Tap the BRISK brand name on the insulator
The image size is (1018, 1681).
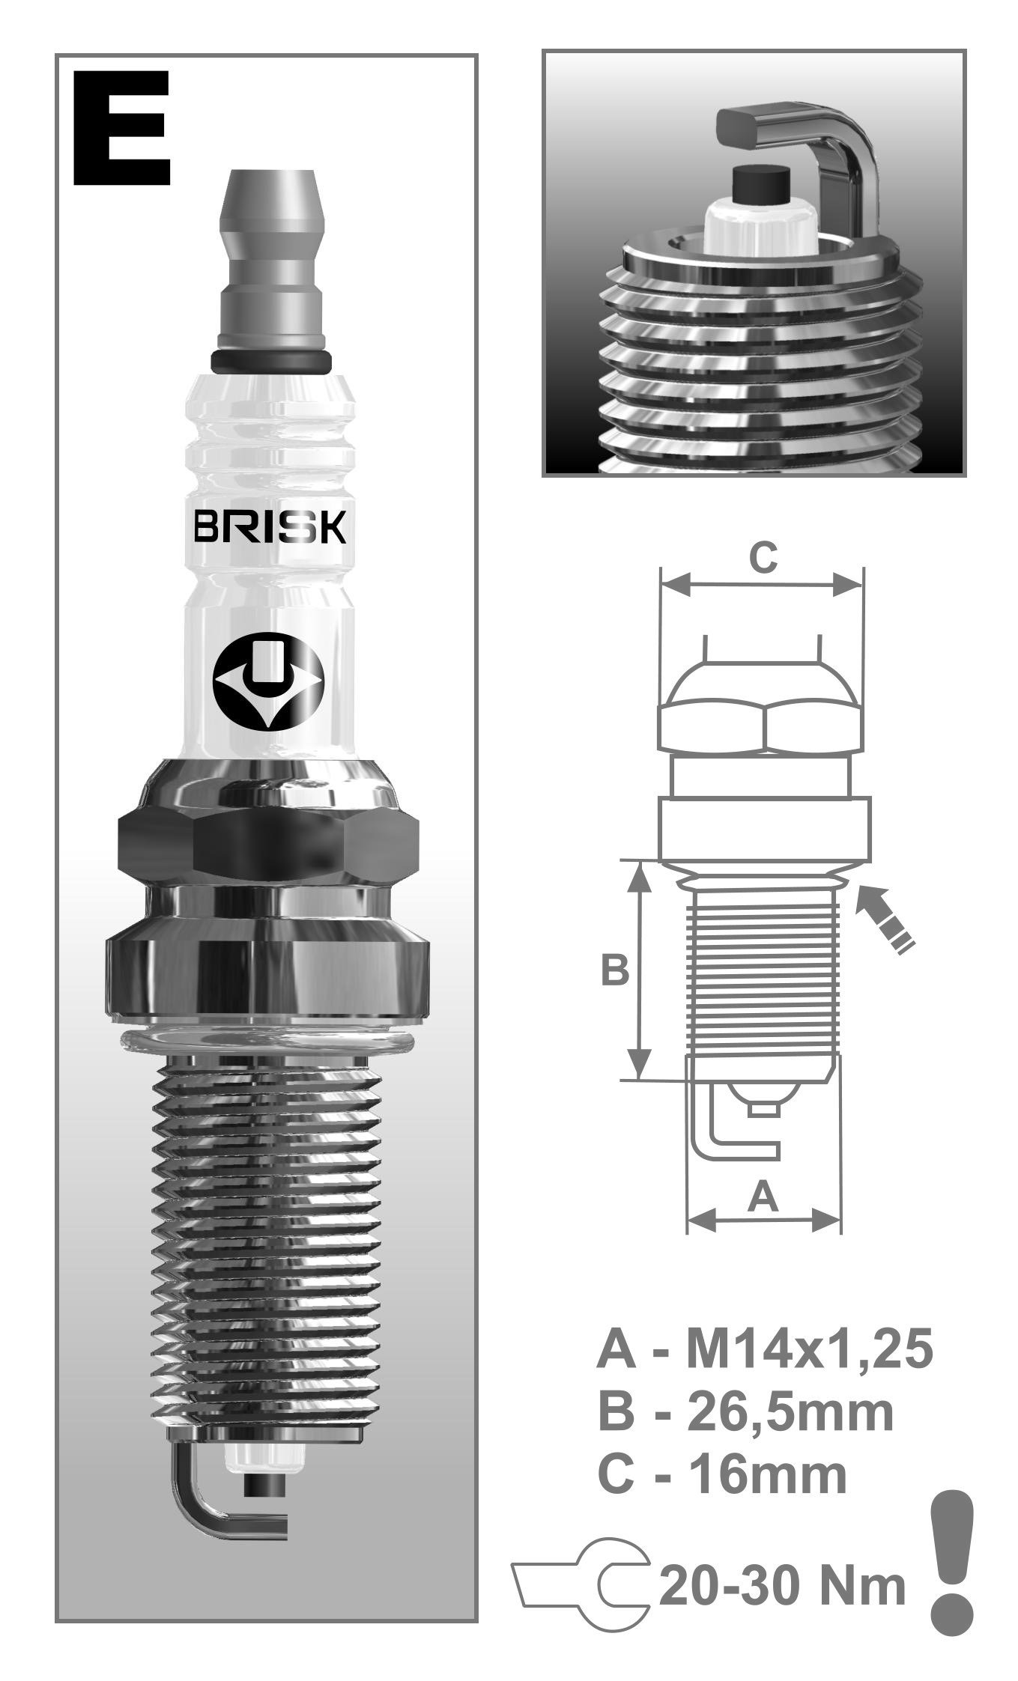pos(270,527)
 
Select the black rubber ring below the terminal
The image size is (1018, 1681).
pos(271,361)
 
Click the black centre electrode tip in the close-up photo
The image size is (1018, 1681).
pos(760,183)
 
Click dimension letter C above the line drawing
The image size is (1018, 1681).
pos(763,558)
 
